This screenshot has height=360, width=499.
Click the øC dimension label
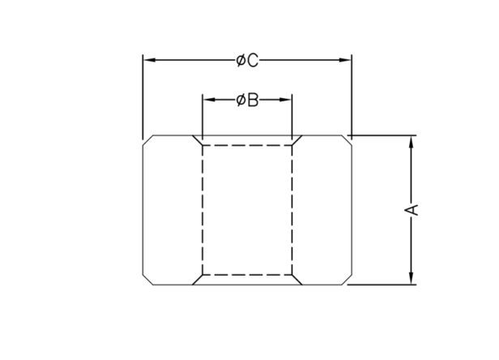pos(248,60)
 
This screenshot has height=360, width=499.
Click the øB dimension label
pos(248,101)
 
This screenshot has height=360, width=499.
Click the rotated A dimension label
pos(412,210)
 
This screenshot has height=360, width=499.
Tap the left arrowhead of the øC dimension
pos(149,60)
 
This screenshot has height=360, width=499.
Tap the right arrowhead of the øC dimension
pos(345,60)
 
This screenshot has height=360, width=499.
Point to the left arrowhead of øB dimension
pos(209,100)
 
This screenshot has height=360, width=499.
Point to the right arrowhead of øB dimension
pos(285,100)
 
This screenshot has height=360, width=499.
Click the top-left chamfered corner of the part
pos(148,140)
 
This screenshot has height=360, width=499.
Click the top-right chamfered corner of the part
pos(347,140)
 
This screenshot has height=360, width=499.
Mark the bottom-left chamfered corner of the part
pos(148,279)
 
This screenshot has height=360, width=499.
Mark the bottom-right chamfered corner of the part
pos(347,279)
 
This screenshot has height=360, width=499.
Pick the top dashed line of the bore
pos(247,145)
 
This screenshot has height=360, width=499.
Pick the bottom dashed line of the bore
pos(247,275)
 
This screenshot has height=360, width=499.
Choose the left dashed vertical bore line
pos(203,210)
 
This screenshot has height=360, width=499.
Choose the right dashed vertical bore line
pos(292,210)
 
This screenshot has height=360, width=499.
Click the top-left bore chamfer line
pos(198,140)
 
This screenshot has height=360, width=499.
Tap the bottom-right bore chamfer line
pos(297,280)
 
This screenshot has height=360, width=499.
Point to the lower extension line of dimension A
pos(382,285)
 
